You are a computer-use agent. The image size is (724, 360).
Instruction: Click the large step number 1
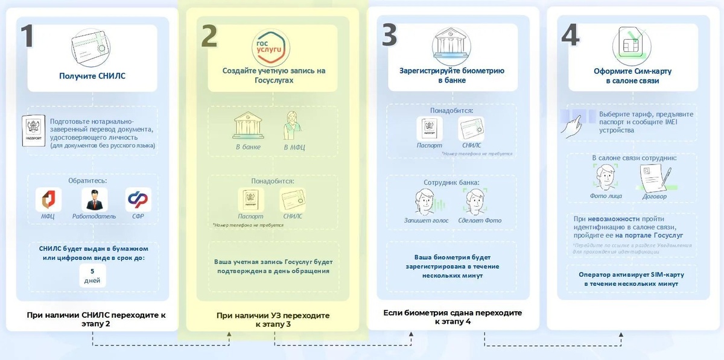click(27, 36)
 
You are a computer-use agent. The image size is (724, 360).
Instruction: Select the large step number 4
click(570, 36)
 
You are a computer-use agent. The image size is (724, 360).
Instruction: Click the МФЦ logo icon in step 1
click(48, 200)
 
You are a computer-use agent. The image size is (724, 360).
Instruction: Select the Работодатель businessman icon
click(94, 200)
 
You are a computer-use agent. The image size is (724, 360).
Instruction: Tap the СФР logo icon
click(138, 200)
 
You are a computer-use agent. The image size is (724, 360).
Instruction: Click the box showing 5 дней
click(92, 276)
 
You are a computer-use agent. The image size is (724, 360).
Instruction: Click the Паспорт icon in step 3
click(430, 129)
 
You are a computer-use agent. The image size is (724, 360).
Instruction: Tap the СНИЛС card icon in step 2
click(293, 200)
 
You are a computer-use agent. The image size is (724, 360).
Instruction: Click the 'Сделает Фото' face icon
click(475, 201)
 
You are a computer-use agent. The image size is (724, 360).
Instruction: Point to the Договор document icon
click(653, 179)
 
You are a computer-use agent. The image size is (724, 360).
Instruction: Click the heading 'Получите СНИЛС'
click(92, 76)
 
